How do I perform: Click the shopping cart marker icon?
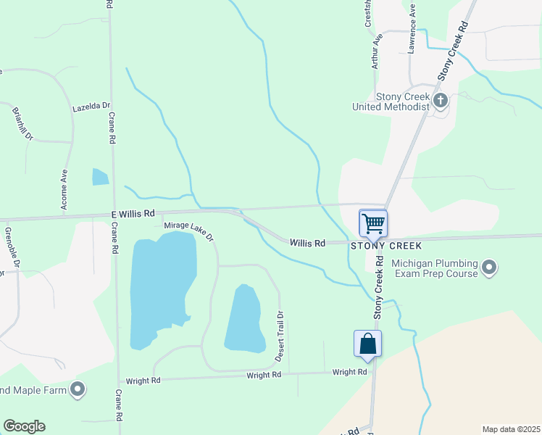click(373, 223)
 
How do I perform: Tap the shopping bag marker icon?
click(367, 343)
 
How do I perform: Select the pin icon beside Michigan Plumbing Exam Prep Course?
click(489, 268)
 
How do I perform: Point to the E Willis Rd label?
click(133, 214)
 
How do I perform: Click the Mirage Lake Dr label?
click(188, 231)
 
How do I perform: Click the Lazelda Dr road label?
click(91, 107)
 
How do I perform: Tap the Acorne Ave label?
click(64, 189)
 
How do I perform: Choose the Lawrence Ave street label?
click(411, 29)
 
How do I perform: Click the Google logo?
click(24, 426)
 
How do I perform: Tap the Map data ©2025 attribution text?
click(511, 429)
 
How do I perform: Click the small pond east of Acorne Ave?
click(100, 177)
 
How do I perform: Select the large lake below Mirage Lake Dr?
click(162, 290)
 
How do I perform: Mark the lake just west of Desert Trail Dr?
click(243, 319)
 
